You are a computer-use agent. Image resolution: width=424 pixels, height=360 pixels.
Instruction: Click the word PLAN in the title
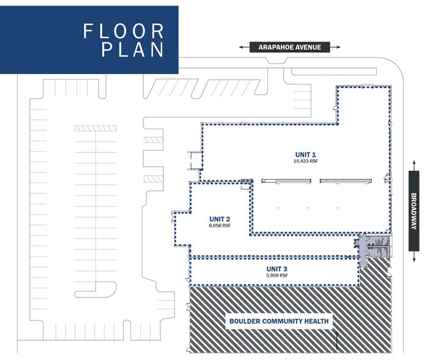(133, 50)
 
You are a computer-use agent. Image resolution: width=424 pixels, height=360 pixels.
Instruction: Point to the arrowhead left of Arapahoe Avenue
(243, 47)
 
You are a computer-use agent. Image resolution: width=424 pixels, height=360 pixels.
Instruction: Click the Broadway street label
(414, 210)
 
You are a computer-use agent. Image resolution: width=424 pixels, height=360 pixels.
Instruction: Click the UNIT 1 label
(305, 154)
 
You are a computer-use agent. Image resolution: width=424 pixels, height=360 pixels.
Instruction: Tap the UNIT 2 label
(218, 219)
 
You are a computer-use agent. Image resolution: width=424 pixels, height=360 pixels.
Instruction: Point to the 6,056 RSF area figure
(218, 225)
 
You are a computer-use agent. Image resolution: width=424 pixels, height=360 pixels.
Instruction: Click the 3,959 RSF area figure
(277, 276)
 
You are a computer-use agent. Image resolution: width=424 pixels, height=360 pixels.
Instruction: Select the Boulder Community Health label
(279, 321)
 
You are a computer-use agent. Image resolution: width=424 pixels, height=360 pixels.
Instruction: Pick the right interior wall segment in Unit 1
(346, 181)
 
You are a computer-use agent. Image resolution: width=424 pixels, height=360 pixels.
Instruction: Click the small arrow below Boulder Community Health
(337, 337)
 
